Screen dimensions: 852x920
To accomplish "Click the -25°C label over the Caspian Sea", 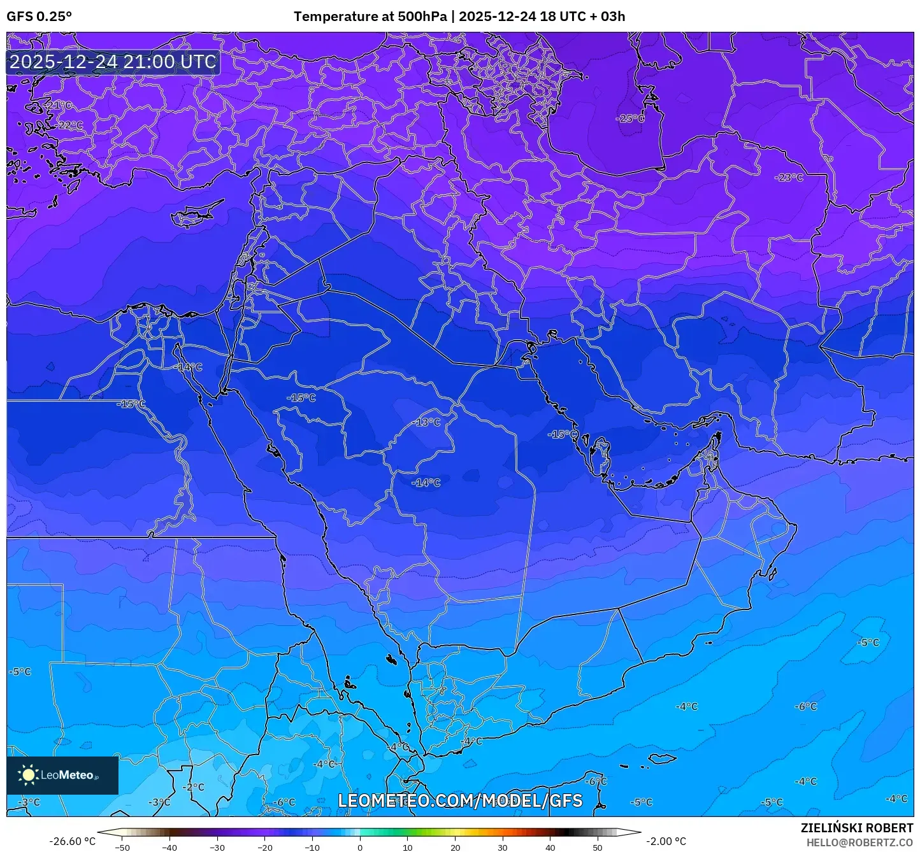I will click(x=629, y=119).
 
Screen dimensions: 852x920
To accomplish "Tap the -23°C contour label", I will click(x=789, y=178).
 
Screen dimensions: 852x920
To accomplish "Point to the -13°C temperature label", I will click(x=426, y=422).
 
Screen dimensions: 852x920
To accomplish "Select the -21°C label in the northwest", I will click(x=58, y=105).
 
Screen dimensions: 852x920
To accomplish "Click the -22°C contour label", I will click(x=68, y=125).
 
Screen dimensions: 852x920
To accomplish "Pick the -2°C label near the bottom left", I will click(x=194, y=787).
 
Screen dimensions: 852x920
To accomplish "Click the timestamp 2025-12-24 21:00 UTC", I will click(x=113, y=62).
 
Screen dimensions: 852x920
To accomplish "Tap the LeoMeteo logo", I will click(x=62, y=775).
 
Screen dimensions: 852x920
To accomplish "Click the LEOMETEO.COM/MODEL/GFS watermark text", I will click(x=460, y=800).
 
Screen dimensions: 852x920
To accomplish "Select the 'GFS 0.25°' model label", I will click(x=40, y=17).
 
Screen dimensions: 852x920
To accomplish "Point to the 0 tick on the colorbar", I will click(x=360, y=847).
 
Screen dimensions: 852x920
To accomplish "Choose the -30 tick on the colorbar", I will click(x=217, y=847).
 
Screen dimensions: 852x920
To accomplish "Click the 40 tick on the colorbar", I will click(x=550, y=847).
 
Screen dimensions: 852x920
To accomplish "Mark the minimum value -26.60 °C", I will click(x=72, y=841).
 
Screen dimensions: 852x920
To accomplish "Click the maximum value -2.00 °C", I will click(x=666, y=841).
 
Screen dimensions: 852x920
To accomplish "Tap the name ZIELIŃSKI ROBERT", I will click(x=856, y=828).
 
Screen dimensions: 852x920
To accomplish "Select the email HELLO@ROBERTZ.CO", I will click(x=859, y=842).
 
